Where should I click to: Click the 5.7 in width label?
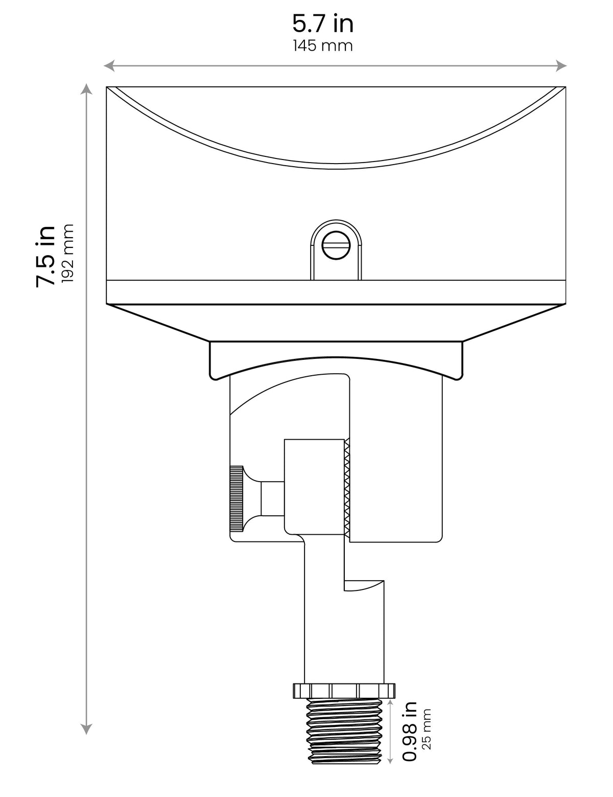click(x=323, y=24)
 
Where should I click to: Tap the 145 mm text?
click(x=323, y=46)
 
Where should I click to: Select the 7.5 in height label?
click(x=45, y=256)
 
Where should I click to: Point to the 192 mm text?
click(x=68, y=253)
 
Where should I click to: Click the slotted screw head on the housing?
click(x=336, y=245)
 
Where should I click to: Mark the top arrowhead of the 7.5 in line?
click(x=86, y=89)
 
